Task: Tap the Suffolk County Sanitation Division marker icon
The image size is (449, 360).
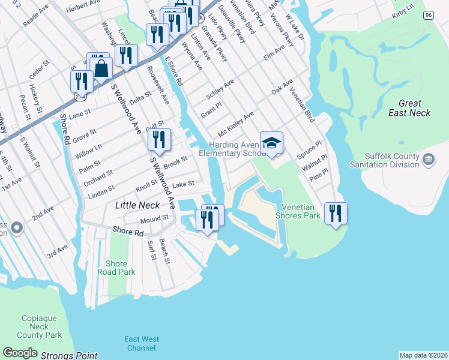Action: pyautogui.click(x=429, y=159)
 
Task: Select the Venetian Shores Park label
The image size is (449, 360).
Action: pyautogui.click(x=298, y=211)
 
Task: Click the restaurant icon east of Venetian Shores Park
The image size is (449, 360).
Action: pyautogui.click(x=336, y=213)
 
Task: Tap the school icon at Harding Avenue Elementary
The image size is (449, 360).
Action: pyautogui.click(x=271, y=143)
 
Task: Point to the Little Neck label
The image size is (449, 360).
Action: pyautogui.click(x=137, y=205)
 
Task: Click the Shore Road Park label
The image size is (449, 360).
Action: pyautogui.click(x=116, y=268)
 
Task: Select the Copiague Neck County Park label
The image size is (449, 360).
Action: pyautogui.click(x=40, y=326)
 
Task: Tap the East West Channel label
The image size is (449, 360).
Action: pyautogui.click(x=142, y=344)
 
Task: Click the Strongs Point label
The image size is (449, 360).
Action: pyautogui.click(x=69, y=356)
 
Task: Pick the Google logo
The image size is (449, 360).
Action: pyautogui.click(x=20, y=353)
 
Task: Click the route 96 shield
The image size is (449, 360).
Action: pyautogui.click(x=428, y=15)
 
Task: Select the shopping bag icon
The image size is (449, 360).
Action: pyautogui.click(x=101, y=68)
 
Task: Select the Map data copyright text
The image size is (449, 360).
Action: pyautogui.click(x=424, y=355)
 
